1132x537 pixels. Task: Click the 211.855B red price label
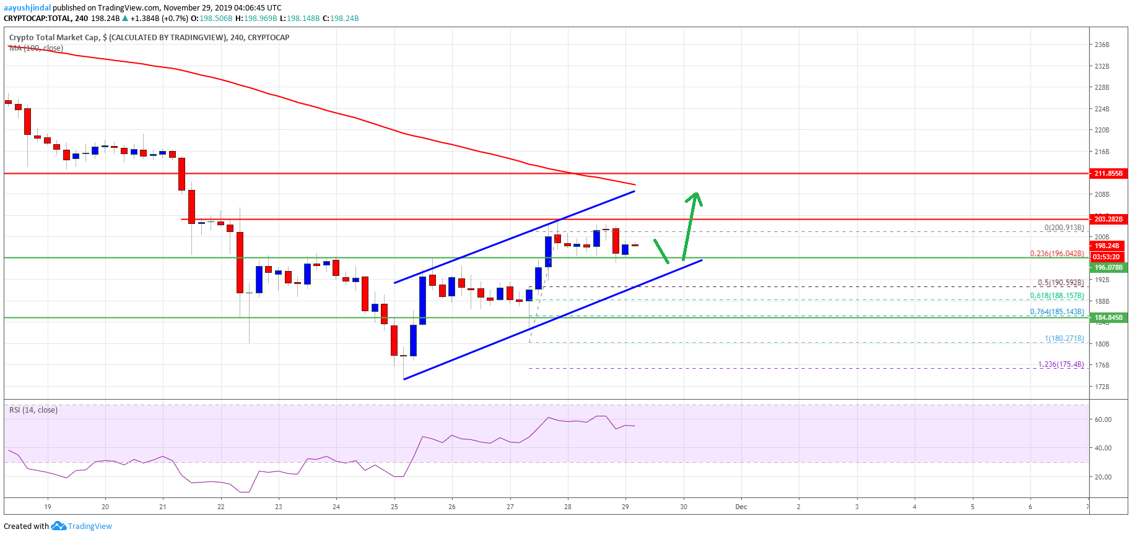[x=1108, y=173]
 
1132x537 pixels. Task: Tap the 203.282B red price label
[x=1108, y=219]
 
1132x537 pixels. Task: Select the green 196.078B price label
[x=1108, y=267]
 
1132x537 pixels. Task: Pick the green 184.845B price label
[x=1108, y=318]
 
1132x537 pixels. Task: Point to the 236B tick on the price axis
[x=1102, y=45]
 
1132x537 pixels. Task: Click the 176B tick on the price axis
[x=1102, y=365]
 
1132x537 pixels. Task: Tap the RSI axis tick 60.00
[x=1103, y=419]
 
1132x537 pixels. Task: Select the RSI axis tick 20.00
[x=1103, y=477]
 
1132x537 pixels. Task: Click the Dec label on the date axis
[x=741, y=507]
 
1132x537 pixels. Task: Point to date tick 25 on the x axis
[x=394, y=507]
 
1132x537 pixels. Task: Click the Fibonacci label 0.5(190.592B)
[x=1061, y=283]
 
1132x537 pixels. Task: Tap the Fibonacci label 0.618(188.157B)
[x=1057, y=296]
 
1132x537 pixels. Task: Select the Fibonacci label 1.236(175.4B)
[x=1061, y=364]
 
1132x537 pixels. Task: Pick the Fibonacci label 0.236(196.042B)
[x=1057, y=254]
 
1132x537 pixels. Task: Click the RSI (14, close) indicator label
[x=33, y=410]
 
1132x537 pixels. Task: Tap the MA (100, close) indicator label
[x=36, y=48]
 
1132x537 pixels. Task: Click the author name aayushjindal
[x=27, y=8]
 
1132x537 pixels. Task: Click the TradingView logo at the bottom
[x=82, y=526]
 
